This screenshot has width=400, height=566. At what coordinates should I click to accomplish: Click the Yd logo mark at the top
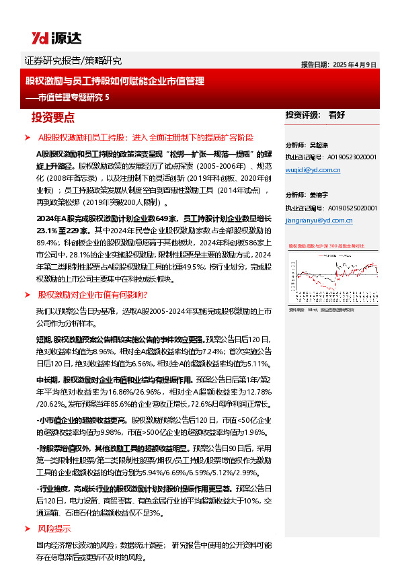[39, 38]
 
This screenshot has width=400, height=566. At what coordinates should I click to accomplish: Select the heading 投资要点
[53, 117]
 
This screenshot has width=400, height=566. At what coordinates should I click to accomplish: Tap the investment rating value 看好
[337, 115]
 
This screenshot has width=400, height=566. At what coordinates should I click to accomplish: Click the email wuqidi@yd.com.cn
[313, 170]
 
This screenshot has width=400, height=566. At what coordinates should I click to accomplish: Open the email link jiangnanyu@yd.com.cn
[319, 220]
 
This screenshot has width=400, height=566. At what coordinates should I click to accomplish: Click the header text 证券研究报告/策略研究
[73, 61]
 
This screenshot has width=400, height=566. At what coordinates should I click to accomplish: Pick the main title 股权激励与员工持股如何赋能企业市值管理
[114, 81]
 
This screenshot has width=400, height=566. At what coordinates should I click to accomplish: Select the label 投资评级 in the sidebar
[302, 115]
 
